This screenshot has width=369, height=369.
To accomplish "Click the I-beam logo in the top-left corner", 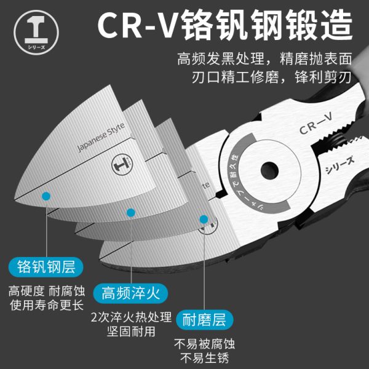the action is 26,26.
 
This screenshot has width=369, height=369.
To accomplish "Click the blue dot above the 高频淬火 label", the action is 130,213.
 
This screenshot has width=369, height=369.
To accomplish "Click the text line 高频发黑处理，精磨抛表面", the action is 264,60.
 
